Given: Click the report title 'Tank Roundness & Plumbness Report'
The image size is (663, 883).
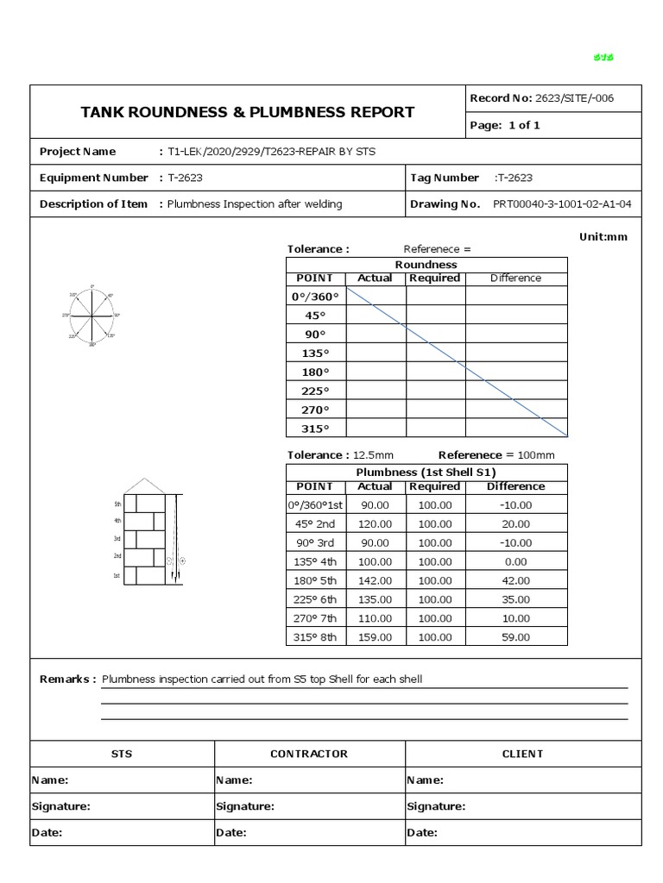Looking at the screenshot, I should click(247, 112).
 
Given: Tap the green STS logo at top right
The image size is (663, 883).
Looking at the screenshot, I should click(603, 58).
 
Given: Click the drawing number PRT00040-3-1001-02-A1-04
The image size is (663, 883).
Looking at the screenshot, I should click(562, 204).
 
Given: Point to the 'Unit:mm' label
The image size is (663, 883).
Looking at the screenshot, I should click(603, 237).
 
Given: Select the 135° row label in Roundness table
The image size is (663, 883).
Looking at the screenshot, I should click(315, 354).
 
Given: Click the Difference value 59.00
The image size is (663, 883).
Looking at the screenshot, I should click(516, 637).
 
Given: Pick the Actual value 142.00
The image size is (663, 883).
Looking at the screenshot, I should click(375, 580).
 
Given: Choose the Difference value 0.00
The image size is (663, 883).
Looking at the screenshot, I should click(516, 561).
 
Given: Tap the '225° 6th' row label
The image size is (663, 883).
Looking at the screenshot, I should click(315, 599).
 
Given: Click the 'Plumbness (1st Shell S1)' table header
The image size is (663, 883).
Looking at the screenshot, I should click(426, 473).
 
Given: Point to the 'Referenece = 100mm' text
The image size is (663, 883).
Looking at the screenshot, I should click(496, 455).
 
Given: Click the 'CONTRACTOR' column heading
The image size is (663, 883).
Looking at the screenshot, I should click(309, 754).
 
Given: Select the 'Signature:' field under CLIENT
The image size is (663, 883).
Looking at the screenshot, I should click(436, 807).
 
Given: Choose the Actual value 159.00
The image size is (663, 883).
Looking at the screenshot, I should click(375, 637).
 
